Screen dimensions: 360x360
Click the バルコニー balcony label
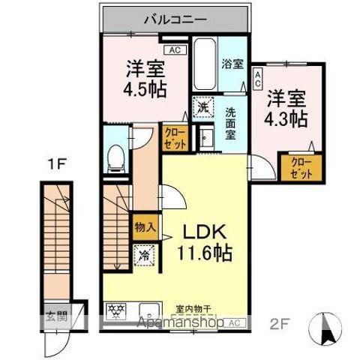click(x=178, y=18)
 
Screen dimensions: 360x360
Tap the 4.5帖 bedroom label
click(x=144, y=77)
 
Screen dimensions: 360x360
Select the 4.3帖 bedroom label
click(x=286, y=106)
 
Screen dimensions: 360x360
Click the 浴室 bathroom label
click(x=231, y=64)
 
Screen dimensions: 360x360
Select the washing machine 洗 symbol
click(x=202, y=108)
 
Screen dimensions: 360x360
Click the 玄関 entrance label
click(x=57, y=316)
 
